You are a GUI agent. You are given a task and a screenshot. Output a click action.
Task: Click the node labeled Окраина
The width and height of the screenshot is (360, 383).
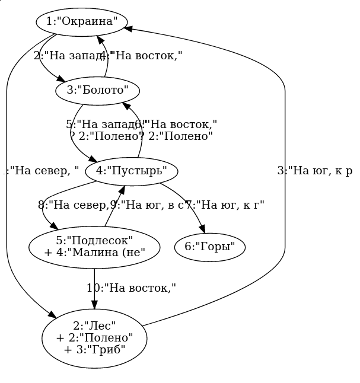(x=81, y=22)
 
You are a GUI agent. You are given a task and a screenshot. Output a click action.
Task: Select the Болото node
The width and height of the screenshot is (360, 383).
(x=97, y=91)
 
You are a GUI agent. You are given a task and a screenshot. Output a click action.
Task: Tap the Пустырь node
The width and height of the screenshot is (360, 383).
(x=132, y=171)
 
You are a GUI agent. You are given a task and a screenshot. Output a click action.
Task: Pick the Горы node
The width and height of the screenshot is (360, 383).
(x=210, y=247)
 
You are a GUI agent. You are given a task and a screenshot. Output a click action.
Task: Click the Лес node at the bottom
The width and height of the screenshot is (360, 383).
(x=94, y=337)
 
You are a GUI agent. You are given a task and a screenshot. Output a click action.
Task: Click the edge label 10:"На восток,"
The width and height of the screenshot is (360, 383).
(x=131, y=288)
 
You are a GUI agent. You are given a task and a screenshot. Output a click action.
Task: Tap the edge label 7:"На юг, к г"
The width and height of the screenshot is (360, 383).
(x=225, y=205)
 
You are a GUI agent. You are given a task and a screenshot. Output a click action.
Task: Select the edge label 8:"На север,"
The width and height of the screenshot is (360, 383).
(x=74, y=205)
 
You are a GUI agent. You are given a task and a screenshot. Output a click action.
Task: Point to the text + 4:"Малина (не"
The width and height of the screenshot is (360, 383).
(x=94, y=251)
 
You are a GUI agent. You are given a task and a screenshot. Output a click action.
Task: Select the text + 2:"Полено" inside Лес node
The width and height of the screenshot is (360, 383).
(x=94, y=337)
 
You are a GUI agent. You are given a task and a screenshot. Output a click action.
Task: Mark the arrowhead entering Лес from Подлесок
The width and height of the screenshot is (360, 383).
(x=94, y=305)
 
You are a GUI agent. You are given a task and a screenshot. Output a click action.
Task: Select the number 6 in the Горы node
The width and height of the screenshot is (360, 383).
(x=188, y=247)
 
